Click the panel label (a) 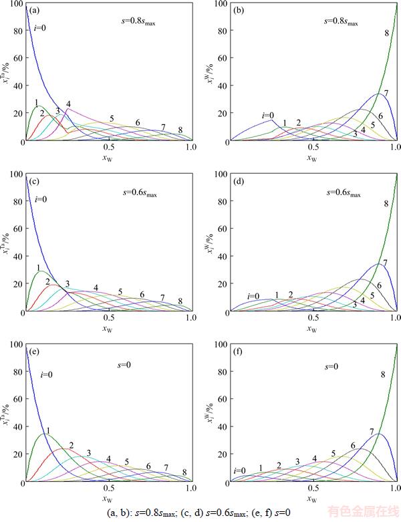[34, 11]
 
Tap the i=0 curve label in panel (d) [253, 296]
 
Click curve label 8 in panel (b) [386, 33]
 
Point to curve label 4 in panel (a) [68, 104]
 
